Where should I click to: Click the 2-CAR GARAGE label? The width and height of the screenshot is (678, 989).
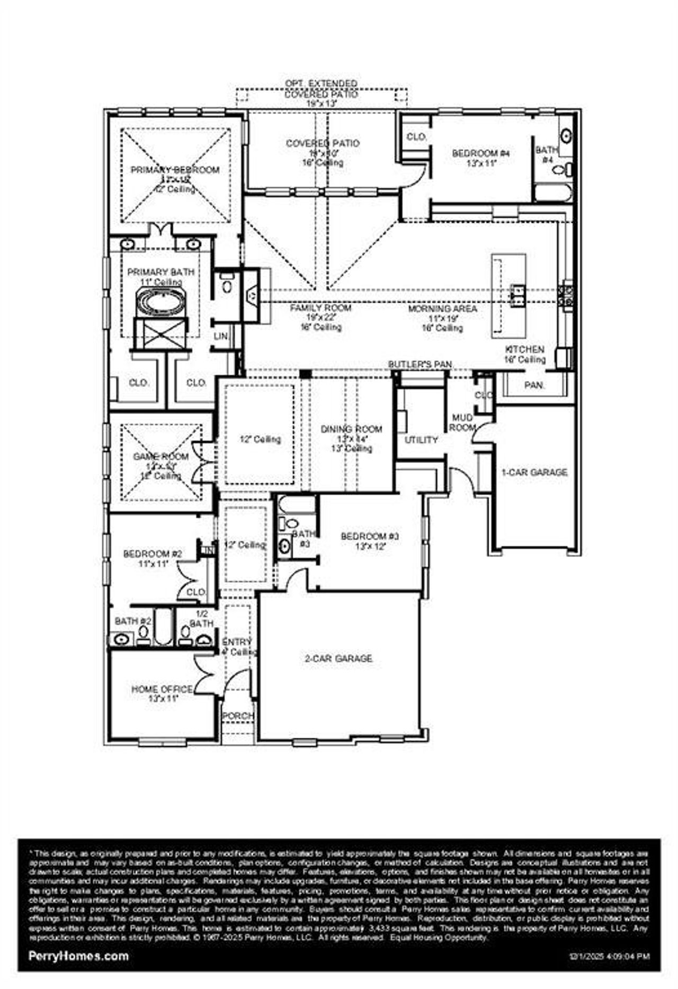tap(338, 659)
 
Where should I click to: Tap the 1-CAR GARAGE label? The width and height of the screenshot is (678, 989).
tap(534, 472)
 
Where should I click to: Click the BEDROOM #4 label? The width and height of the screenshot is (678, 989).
tap(480, 153)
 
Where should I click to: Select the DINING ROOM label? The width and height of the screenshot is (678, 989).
tap(351, 429)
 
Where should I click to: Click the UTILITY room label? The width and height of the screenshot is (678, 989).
tap(422, 440)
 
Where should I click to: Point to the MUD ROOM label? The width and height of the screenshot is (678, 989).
tap(462, 423)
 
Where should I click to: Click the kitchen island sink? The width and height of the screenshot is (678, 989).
tap(517, 290)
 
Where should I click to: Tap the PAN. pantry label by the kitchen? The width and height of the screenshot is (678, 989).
tap(534, 385)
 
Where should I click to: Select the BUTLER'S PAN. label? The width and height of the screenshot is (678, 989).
tap(420, 365)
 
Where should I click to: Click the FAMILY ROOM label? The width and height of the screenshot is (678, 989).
tap(320, 308)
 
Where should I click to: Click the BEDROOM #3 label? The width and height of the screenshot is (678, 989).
tap(370, 537)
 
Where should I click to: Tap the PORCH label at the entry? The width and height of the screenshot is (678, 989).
tap(238, 716)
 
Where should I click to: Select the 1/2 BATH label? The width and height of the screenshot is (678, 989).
tap(201, 619)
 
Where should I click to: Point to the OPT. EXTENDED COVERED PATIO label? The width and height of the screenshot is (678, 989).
tap(321, 89)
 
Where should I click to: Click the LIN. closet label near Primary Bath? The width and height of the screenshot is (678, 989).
tap(220, 335)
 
